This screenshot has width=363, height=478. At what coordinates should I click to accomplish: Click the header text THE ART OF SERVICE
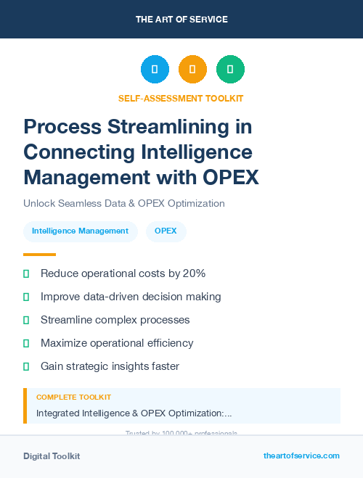(x=181, y=20)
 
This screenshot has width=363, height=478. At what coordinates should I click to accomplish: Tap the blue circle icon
(x=155, y=70)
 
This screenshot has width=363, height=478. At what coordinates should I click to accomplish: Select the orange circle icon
(x=192, y=70)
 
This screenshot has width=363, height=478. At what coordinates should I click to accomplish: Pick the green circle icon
(x=230, y=70)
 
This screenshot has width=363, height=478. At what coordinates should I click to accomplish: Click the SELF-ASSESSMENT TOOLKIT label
(x=181, y=98)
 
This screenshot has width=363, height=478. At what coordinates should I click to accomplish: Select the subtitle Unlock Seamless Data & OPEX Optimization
(x=123, y=203)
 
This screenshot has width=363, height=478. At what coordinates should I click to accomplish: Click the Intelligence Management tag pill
(x=80, y=231)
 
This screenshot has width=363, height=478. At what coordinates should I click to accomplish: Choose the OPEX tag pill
(x=166, y=231)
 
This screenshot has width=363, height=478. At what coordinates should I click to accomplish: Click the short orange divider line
(x=39, y=255)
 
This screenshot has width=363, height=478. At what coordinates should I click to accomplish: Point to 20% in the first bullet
(x=194, y=273)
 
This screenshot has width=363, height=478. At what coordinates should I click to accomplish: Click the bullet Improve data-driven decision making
(x=131, y=297)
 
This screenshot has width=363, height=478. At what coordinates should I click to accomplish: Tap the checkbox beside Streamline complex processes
(x=26, y=320)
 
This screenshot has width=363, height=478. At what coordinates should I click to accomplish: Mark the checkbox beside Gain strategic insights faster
(x=26, y=366)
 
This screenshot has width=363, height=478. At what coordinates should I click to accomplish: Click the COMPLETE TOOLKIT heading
(x=73, y=397)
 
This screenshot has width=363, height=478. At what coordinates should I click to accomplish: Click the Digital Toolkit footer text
(x=52, y=456)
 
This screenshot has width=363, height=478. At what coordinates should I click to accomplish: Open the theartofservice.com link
(x=301, y=456)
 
